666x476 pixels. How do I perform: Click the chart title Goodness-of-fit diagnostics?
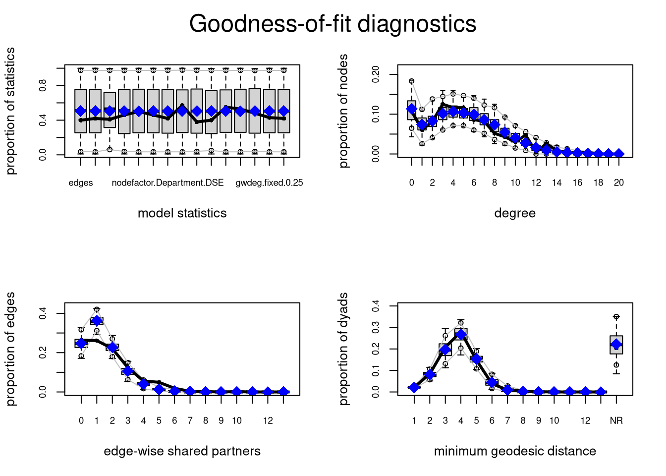click(333, 24)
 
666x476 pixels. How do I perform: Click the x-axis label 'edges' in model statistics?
click(81, 183)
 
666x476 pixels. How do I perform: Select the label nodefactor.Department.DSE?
click(167, 183)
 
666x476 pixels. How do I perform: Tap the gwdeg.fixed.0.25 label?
click(269, 183)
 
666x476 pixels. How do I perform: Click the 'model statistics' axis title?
click(182, 213)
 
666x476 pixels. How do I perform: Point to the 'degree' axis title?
click(515, 213)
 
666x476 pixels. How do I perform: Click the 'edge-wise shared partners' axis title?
click(182, 451)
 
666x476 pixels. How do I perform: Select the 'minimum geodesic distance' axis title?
click(515, 451)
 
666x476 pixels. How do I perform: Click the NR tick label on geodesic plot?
click(616, 421)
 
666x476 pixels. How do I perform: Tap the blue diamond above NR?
click(616, 344)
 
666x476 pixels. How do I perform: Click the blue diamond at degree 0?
click(411, 109)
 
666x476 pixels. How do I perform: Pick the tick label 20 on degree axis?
click(618, 183)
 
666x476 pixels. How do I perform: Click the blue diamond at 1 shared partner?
click(97, 321)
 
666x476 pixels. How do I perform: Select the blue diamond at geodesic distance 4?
click(461, 335)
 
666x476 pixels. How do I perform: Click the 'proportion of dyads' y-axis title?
click(343, 349)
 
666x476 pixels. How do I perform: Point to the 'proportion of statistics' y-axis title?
click(10, 111)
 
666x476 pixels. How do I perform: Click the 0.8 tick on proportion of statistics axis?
click(43, 86)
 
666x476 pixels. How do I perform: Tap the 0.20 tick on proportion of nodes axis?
click(376, 74)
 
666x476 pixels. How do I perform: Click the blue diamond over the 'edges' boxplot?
click(81, 111)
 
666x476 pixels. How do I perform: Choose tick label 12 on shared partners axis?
click(268, 421)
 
